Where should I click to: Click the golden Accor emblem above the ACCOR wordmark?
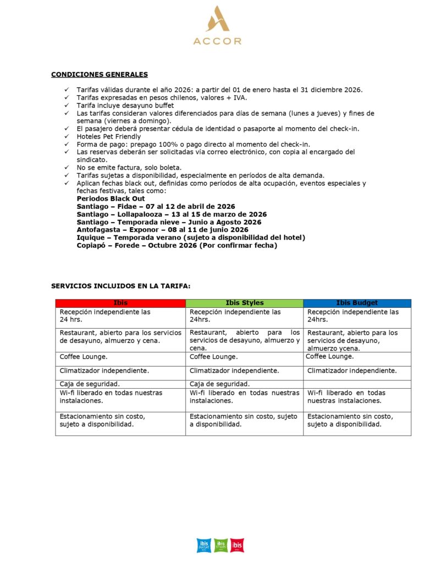[218, 19]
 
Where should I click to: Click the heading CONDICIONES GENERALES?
[99, 74]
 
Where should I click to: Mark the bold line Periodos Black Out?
[111, 198]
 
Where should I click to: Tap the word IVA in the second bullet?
[241, 97]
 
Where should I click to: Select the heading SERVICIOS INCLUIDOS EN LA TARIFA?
[121, 286]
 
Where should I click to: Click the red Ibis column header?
[120, 303]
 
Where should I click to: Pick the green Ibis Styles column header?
[244, 303]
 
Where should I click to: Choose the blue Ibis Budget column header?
[357, 303]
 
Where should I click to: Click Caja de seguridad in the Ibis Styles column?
[219, 384]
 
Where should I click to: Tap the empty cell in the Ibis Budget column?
[357, 384]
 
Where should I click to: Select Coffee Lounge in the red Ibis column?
[83, 357]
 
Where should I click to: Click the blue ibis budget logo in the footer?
[203, 545]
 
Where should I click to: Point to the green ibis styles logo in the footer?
[221, 545]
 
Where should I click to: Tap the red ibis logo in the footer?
[237, 545]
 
